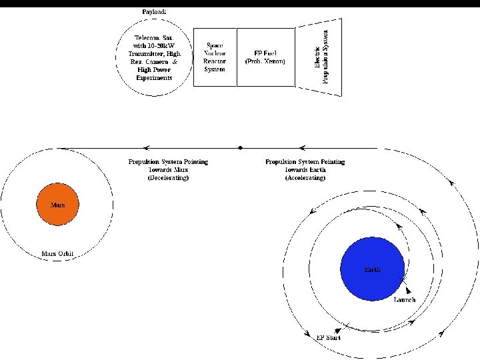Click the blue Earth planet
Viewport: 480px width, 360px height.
pyautogui.click(x=372, y=269)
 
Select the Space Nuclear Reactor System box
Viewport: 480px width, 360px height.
pyautogui.click(x=215, y=57)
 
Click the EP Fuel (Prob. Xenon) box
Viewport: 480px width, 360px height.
pyautogui.click(x=265, y=57)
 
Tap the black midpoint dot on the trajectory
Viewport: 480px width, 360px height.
pyautogui.click(x=240, y=147)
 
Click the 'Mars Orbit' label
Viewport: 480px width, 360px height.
pyautogui.click(x=57, y=254)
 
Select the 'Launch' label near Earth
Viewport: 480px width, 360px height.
pyautogui.click(x=405, y=300)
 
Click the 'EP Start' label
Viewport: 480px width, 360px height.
pyautogui.click(x=328, y=338)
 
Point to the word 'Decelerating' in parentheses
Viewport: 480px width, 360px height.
pyautogui.click(x=168, y=178)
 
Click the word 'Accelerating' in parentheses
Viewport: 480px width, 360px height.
pyautogui.click(x=305, y=178)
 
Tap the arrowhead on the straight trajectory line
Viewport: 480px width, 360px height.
pyautogui.click(x=302, y=147)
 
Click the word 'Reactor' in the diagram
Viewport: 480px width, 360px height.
pyautogui.click(x=215, y=61)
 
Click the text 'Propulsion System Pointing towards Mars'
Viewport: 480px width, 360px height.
pyautogui.click(x=168, y=165)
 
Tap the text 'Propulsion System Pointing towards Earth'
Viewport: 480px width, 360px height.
pyautogui.click(x=305, y=165)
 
